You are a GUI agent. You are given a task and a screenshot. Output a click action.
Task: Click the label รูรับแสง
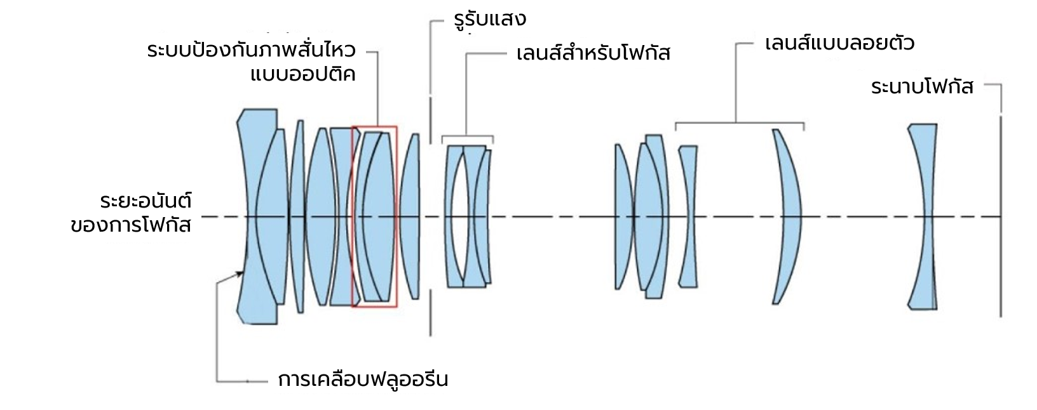[490, 19]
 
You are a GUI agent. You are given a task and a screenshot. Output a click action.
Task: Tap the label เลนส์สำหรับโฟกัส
[593, 53]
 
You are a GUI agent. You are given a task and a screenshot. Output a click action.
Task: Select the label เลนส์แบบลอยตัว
[839, 44]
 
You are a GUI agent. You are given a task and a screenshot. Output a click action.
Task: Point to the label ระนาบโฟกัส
[922, 87]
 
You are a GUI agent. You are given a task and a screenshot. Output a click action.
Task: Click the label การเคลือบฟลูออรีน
[363, 380]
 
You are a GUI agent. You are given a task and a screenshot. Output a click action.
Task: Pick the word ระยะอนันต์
[146, 201]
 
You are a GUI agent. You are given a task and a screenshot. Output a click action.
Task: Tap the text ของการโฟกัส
[131, 225]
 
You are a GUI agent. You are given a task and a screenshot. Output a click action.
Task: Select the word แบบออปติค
[302, 75]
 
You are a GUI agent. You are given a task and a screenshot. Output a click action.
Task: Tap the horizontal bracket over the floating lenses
[739, 122]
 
